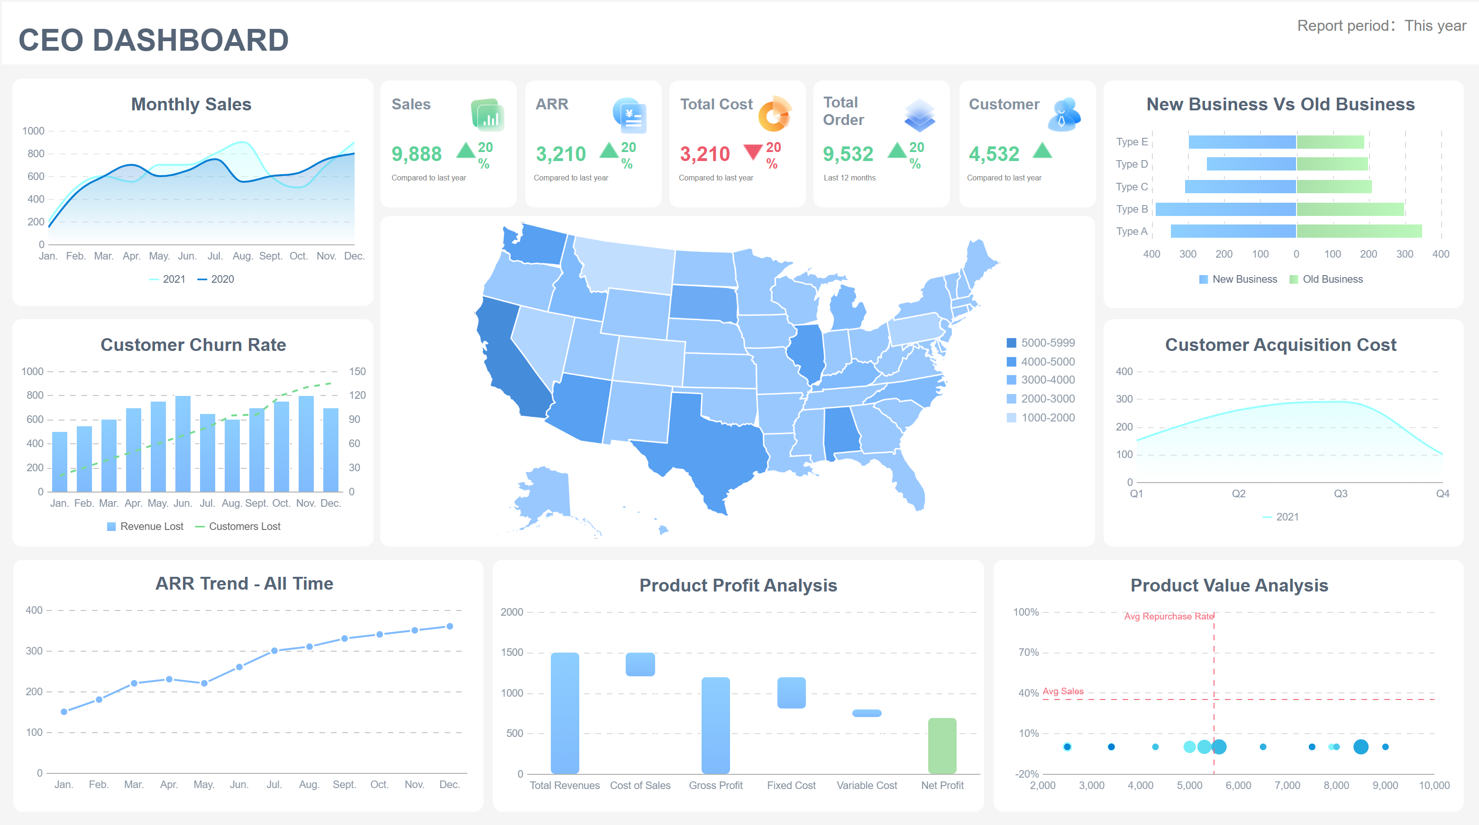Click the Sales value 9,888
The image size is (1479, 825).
(416, 154)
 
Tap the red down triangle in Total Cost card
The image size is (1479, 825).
(753, 152)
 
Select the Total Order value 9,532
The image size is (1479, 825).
(848, 154)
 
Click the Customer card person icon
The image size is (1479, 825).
(1064, 114)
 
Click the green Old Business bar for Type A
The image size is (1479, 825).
(1359, 231)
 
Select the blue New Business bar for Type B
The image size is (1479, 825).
(1225, 209)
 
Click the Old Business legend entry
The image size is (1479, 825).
(1326, 279)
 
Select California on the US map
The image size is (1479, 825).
(508, 367)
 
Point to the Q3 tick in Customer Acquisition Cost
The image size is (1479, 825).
(1340, 493)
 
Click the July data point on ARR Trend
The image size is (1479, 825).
(274, 651)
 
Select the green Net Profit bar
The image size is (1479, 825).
(942, 746)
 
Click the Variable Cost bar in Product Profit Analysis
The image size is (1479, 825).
(867, 713)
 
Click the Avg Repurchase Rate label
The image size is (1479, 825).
(1169, 616)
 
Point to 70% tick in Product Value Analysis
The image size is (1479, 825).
(1028, 652)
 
